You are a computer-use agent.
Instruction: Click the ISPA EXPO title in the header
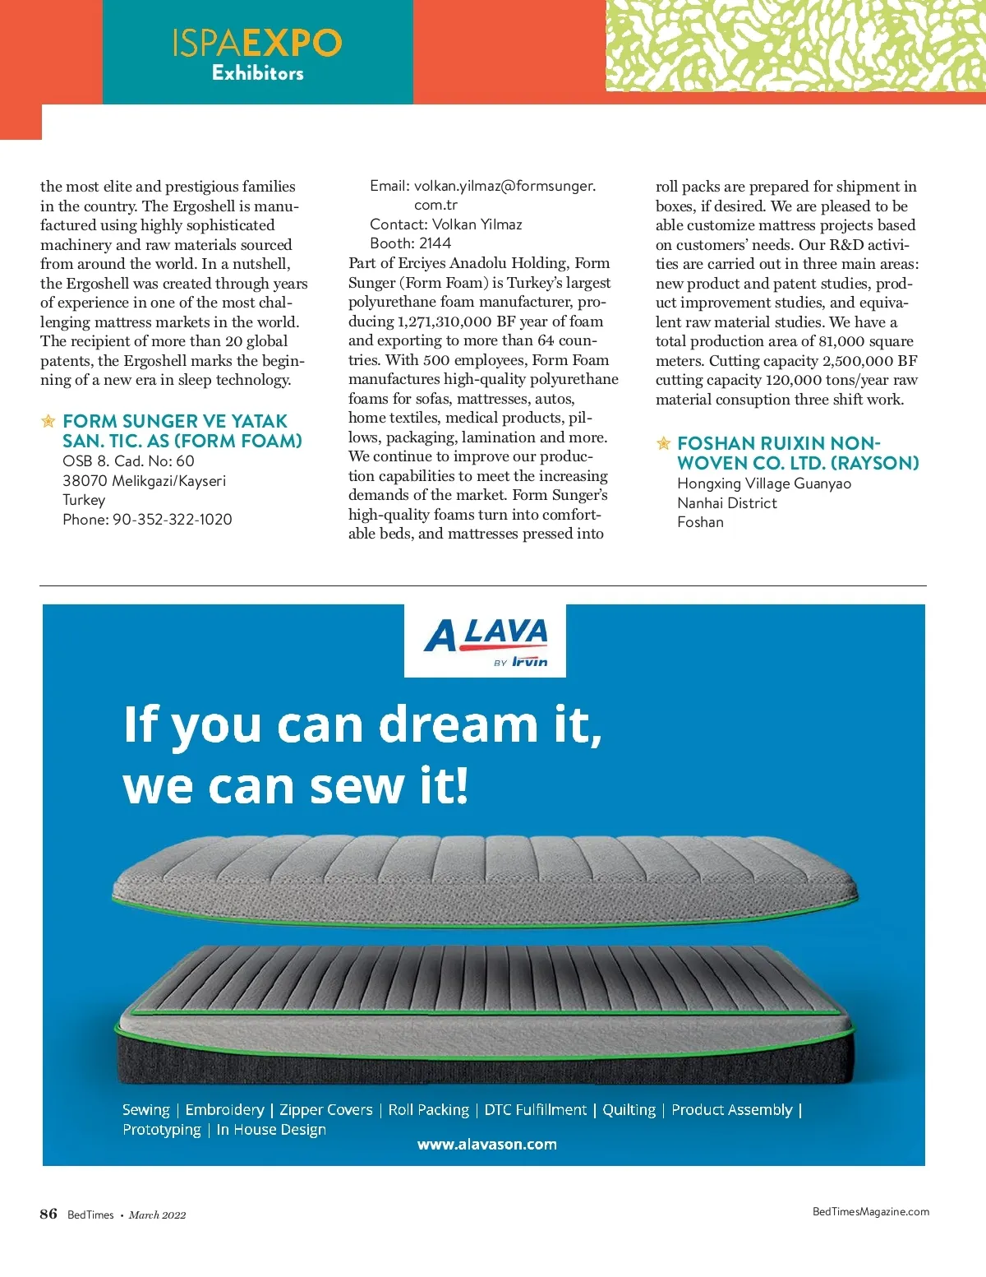click(257, 43)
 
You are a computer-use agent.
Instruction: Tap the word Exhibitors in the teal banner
click(257, 73)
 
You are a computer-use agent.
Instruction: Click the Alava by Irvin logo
click(485, 641)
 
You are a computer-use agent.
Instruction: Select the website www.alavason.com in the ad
click(486, 1144)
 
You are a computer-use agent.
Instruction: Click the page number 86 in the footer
click(48, 1214)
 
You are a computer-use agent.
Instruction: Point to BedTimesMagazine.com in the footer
click(870, 1211)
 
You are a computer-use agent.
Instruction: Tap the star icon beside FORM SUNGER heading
click(48, 422)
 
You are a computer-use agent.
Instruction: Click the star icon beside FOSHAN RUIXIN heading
click(663, 444)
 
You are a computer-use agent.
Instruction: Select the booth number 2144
click(435, 243)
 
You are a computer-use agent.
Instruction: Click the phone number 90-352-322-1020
click(172, 520)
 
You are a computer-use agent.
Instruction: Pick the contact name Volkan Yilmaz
click(477, 224)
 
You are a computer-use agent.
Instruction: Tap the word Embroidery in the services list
click(224, 1110)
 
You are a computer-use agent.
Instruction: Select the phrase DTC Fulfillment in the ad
click(535, 1110)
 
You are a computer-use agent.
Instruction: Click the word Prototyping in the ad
click(161, 1130)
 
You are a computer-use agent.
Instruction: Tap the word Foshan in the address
click(700, 522)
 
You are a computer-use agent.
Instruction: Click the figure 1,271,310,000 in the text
click(444, 322)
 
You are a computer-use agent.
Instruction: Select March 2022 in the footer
click(157, 1215)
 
